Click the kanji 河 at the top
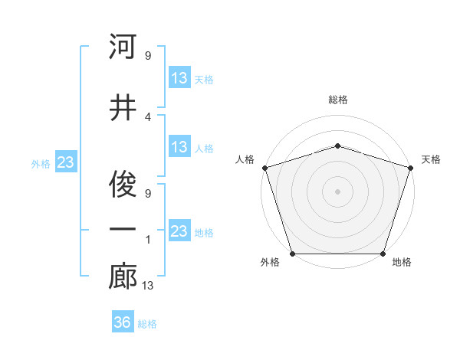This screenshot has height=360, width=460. point(123,47)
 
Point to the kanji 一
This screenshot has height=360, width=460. point(123,229)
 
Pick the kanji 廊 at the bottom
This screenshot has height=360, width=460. point(123,277)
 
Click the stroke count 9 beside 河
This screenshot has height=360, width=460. point(147,55)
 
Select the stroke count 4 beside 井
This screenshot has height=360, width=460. point(147,116)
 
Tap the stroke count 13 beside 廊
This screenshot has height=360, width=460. point(149,286)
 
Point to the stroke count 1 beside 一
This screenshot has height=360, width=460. point(147,239)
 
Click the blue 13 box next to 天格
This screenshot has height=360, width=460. point(179,78)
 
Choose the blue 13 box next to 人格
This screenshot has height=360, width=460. point(179,147)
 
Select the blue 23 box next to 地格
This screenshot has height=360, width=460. point(179,231)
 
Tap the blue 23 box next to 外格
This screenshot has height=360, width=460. point(66,162)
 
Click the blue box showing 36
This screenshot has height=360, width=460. point(123,322)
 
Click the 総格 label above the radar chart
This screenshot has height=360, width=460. point(337,100)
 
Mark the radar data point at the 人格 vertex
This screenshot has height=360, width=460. point(264,168)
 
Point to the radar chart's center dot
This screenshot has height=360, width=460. point(337,191)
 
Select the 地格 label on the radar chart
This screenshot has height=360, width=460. point(402,263)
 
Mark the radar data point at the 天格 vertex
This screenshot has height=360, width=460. point(411,168)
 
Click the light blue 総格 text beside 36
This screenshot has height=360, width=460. point(147,324)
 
